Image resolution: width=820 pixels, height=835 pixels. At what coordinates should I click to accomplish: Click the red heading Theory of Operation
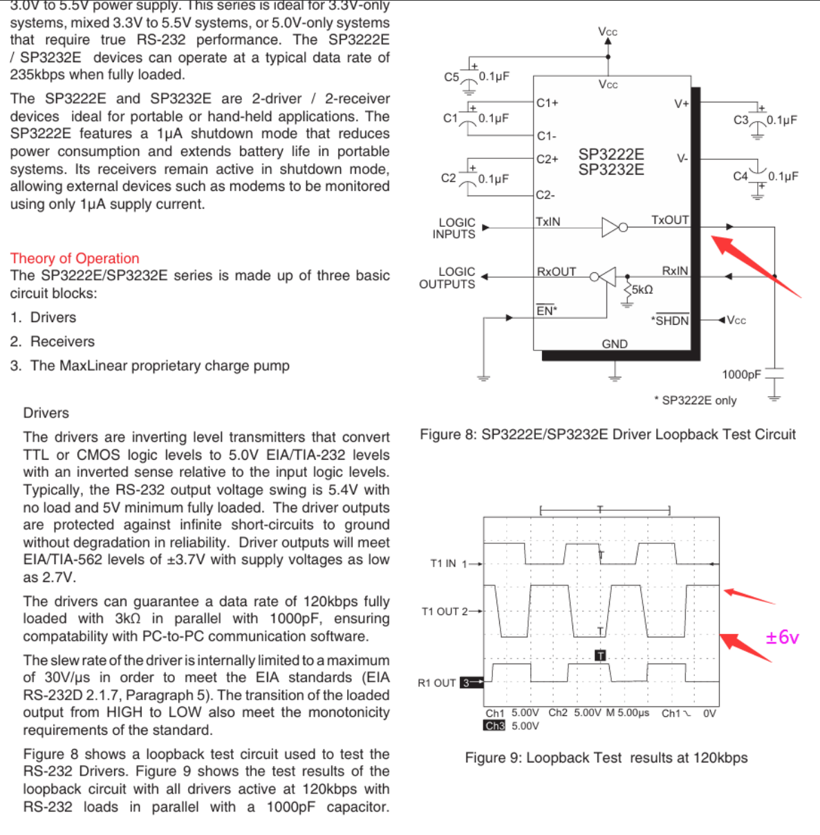point(75,259)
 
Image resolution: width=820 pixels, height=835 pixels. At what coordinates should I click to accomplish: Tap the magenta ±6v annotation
point(782,637)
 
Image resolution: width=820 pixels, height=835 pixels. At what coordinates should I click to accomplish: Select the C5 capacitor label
point(451,77)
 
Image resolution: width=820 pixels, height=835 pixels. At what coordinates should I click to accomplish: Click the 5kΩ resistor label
point(642,290)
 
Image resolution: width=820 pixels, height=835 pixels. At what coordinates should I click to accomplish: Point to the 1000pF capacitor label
point(741,375)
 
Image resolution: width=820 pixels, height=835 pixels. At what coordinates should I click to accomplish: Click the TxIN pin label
point(548,222)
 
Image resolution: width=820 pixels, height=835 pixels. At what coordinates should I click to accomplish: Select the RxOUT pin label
point(557,272)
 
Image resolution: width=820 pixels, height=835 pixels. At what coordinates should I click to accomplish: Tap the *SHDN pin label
point(670,321)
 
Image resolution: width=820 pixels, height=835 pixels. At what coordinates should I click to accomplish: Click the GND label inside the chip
point(615,344)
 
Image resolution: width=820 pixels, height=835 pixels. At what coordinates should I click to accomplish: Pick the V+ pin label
point(682,104)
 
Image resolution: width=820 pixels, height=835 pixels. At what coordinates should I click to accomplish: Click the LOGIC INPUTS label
point(455,228)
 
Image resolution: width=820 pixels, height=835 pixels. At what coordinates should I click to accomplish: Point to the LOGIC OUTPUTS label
point(447,278)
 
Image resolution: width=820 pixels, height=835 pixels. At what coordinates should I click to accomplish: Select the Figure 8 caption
point(608,435)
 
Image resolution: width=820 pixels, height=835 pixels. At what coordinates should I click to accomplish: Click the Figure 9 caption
point(606,758)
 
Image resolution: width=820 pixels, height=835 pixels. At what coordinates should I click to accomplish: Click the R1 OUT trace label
point(437,683)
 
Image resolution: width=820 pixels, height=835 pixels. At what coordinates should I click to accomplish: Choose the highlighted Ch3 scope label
point(494,726)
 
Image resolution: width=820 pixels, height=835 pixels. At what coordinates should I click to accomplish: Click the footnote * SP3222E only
point(696,401)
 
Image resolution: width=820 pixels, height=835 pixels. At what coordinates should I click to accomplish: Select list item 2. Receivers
point(53,341)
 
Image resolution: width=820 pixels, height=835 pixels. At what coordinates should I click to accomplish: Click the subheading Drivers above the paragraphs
point(46,413)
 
